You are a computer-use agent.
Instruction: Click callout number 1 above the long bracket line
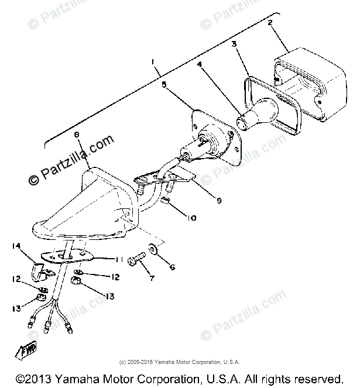(x=153, y=63)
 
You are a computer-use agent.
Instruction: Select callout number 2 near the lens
(x=270, y=24)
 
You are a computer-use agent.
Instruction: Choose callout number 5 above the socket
(x=164, y=85)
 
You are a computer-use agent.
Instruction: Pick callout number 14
(x=15, y=246)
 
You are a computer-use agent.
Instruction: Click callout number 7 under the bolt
(x=151, y=279)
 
